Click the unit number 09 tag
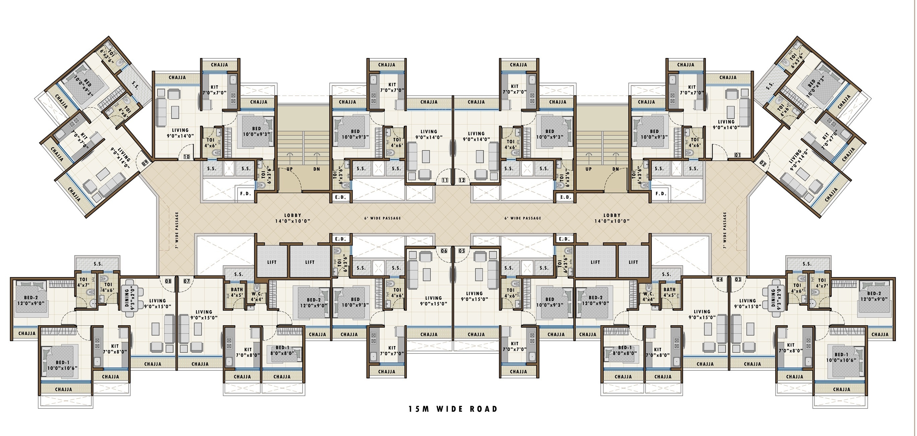point(145,164)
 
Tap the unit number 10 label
point(187,157)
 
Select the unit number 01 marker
point(738,155)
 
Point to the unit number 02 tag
point(763,164)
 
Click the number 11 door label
point(445,180)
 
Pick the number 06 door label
point(444,251)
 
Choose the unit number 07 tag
point(187,281)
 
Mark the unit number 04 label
point(720,279)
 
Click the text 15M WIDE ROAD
point(453,409)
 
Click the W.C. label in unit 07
point(257,297)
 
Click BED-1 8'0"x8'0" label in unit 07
point(282,350)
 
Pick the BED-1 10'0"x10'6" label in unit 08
point(62,365)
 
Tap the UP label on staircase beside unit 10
point(290,169)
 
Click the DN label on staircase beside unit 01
point(615,169)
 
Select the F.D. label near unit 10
point(246,194)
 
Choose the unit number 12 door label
point(462,180)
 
